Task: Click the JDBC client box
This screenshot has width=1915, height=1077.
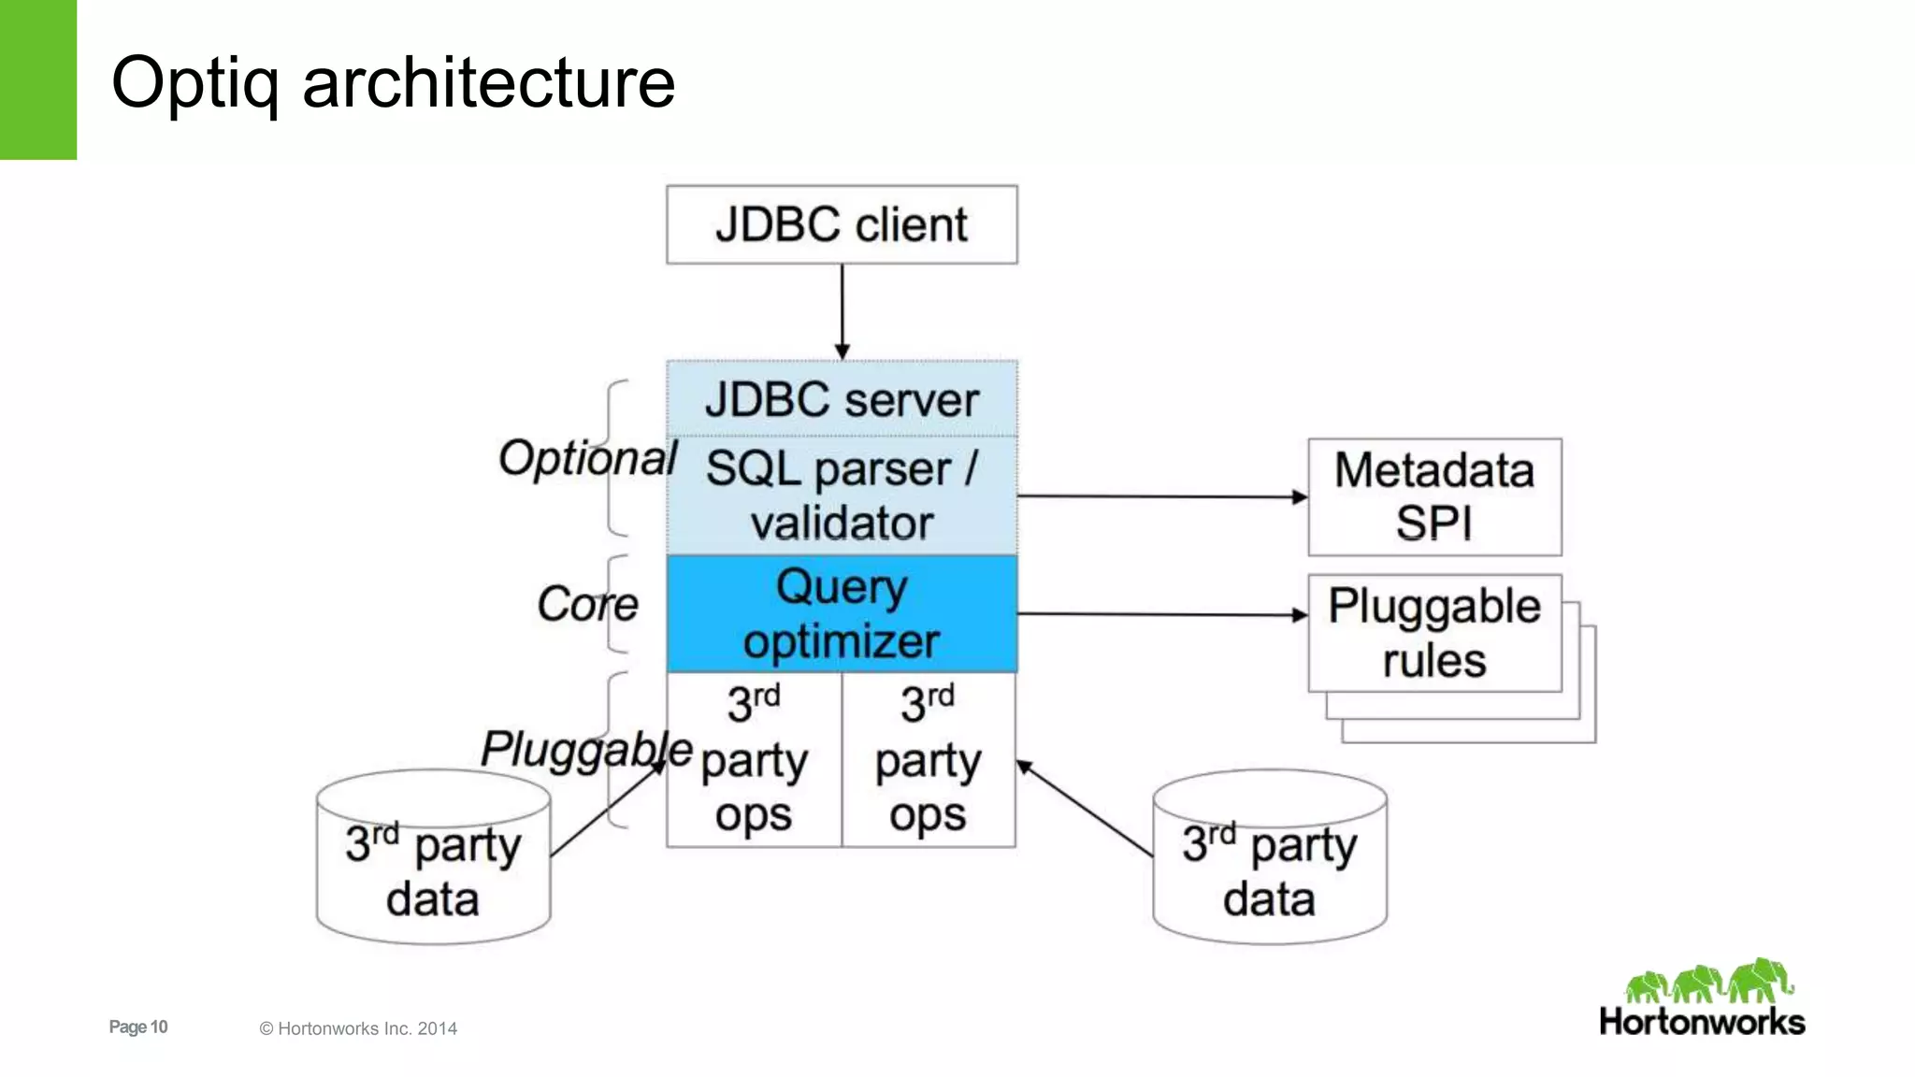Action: [842, 224]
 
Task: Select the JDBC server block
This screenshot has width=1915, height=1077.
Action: [842, 399]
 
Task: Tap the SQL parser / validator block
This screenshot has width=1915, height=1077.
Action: [842, 495]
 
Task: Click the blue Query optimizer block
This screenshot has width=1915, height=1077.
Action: [842, 614]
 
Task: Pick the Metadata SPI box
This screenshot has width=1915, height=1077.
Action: [1434, 496]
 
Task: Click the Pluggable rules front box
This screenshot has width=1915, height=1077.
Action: [1434, 633]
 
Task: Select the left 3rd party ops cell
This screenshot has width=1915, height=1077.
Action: [754, 759]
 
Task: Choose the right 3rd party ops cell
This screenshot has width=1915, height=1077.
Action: [929, 759]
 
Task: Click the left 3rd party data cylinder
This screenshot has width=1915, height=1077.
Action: [433, 869]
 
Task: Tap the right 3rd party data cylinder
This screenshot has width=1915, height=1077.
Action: [1269, 869]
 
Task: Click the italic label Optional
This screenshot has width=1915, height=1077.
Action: [587, 458]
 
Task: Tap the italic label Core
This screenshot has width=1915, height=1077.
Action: [587, 604]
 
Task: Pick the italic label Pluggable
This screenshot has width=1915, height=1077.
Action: [586, 750]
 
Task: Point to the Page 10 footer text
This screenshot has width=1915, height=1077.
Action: [138, 1027]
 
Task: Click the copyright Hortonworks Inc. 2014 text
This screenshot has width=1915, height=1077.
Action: [358, 1028]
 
